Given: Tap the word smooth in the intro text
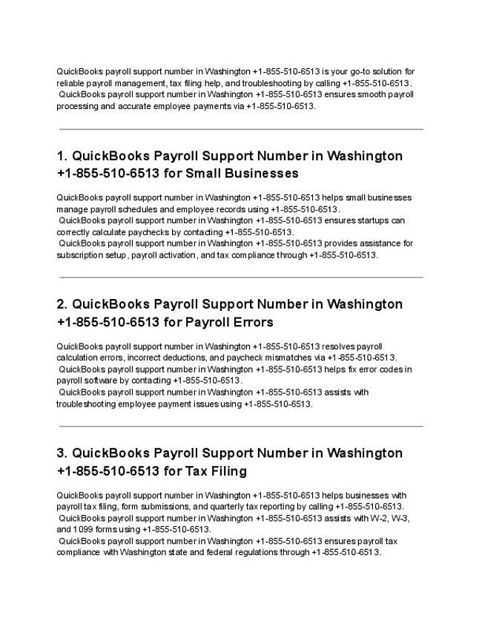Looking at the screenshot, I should click(360, 95).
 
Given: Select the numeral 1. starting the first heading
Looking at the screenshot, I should click(62, 156).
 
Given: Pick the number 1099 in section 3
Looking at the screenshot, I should click(84, 530).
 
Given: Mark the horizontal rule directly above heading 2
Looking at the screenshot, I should click(241, 277).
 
